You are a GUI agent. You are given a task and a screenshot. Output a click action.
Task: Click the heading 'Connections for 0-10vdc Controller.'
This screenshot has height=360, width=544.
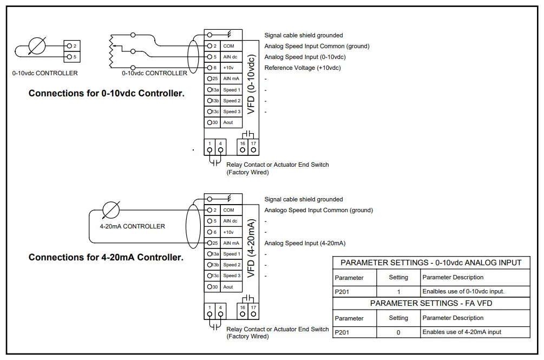106,94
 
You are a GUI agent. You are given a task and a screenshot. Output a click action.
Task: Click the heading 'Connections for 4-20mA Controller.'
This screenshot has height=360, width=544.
106,258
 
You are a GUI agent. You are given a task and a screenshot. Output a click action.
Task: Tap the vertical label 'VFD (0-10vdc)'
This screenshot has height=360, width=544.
251,84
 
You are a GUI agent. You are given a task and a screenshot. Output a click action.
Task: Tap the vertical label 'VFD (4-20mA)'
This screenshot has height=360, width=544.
251,248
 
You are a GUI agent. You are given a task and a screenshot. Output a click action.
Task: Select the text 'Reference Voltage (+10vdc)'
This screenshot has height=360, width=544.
303,68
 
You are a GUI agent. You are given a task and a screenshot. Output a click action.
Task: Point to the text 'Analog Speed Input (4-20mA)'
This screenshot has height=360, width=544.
304,244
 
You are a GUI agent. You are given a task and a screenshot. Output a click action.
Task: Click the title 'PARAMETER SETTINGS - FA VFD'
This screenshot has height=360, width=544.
431,303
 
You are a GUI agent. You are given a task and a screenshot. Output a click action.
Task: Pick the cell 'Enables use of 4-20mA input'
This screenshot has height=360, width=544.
462,332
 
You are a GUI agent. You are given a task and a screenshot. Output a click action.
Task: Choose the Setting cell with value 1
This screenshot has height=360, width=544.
398,292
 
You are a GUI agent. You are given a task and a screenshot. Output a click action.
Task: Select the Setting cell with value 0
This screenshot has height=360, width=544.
398,332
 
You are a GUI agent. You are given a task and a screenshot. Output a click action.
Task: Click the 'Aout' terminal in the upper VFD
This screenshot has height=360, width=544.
228,123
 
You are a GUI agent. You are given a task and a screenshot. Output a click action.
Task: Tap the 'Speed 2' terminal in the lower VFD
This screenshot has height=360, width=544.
231,265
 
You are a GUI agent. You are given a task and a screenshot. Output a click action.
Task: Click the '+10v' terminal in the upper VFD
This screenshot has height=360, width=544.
228,68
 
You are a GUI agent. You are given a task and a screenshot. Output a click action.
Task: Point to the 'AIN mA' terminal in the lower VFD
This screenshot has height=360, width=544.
231,244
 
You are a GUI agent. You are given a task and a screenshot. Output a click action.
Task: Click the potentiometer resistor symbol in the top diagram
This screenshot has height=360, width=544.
112,50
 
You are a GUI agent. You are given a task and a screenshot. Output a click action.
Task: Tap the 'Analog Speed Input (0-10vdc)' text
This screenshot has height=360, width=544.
305,57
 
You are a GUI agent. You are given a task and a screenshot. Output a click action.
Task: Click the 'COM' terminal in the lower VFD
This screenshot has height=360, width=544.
228,210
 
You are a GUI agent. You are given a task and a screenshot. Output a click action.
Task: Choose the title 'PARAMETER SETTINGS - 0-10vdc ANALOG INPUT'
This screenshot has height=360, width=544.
431,263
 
